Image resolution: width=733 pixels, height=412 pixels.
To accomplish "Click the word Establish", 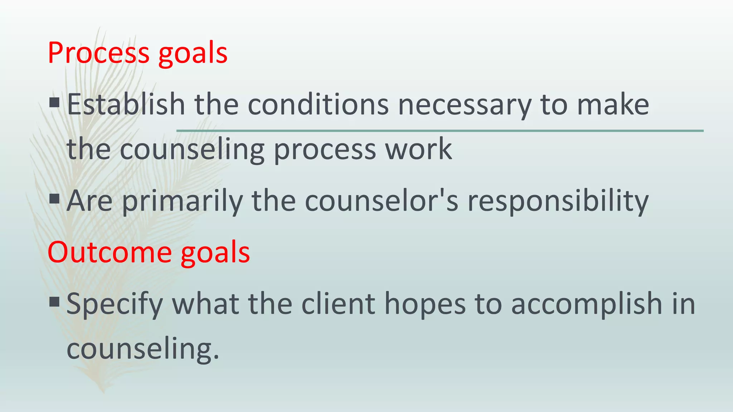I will tap(126, 104).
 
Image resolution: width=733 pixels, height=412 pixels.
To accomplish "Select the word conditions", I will tap(318, 104).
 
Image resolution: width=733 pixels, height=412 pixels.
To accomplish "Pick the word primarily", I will tap(182, 202).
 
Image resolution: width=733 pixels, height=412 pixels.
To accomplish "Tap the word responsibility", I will tap(558, 202).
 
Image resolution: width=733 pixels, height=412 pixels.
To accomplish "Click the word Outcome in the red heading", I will tap(110, 252).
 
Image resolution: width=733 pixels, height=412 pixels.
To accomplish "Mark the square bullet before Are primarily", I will tap(54, 198).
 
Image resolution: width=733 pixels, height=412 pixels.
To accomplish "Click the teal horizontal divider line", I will tap(440, 131).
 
